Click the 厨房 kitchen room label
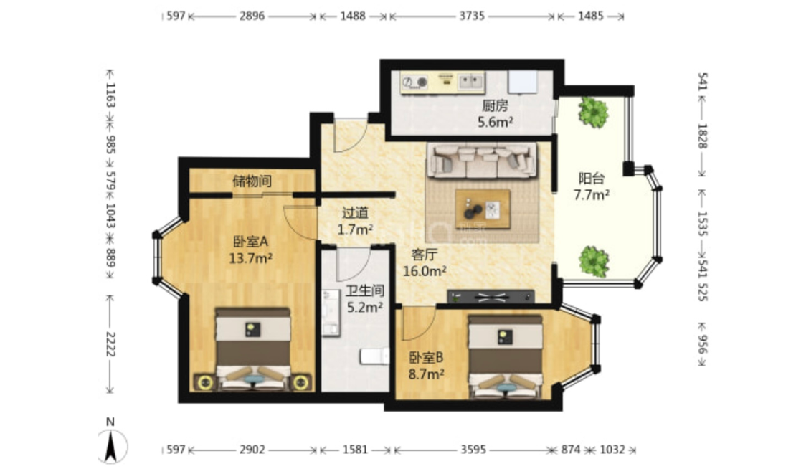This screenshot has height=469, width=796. coord(495,105)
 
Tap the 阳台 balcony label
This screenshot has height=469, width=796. coord(592,178)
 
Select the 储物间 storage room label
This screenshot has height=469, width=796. coord(252,181)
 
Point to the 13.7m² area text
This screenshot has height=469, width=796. coord(251,258)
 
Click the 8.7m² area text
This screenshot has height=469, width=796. coord(427,374)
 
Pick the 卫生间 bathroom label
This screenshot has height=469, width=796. coord(365,290)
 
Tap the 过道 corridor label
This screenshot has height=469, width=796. coord(355,213)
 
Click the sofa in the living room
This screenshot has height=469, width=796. coord(481,160)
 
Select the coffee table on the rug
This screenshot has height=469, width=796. coord(483,209)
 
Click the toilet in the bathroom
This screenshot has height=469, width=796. coord(374,356)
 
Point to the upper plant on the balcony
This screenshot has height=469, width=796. coord(593,112)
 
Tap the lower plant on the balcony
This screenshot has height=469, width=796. coord(594,261)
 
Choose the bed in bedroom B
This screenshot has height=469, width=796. coord(505,357)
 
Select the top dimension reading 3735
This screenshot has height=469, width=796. coord(472,16)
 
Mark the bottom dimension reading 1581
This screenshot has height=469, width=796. coord(355,449)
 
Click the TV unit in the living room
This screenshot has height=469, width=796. coord(491,296)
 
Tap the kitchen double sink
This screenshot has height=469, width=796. coord(471,81)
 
